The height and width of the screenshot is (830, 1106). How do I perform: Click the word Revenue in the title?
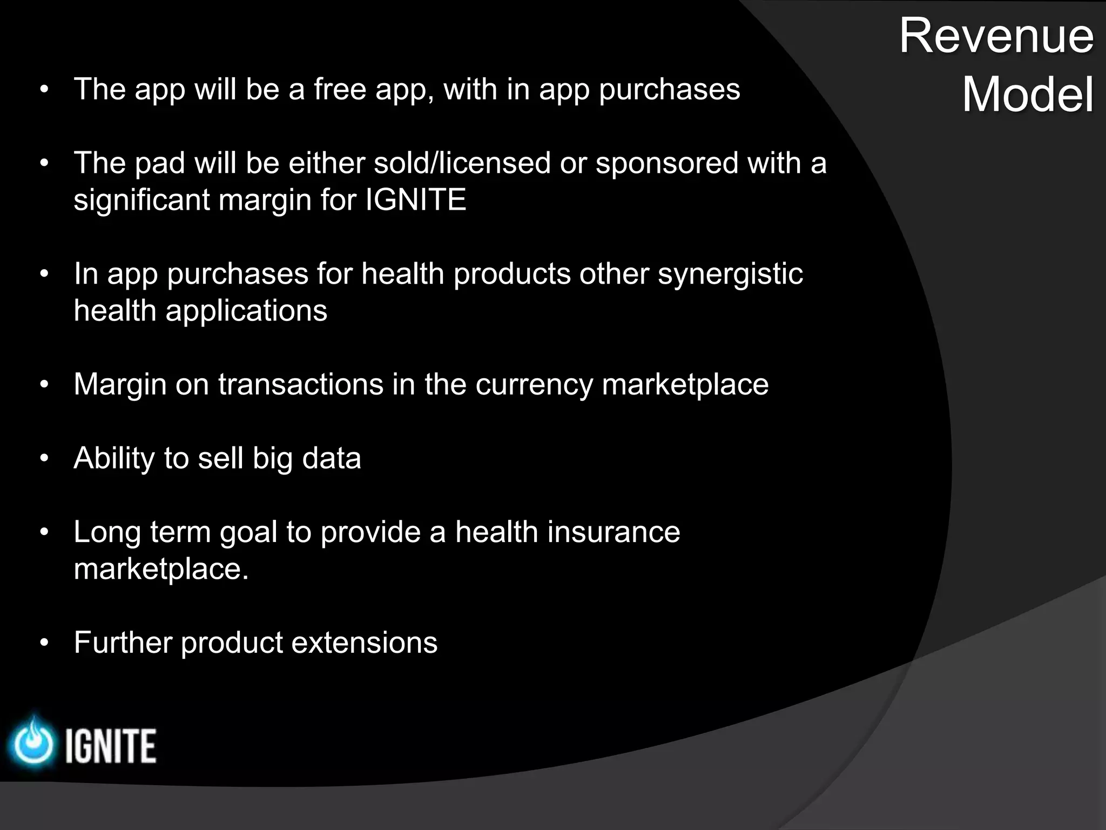[x=996, y=36]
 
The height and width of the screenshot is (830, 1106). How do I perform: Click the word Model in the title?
[x=1028, y=95]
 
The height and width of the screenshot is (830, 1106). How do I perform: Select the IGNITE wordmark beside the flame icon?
[x=111, y=746]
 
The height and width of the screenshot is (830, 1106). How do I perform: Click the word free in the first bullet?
[x=340, y=89]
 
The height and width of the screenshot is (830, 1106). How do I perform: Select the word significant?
[x=141, y=200]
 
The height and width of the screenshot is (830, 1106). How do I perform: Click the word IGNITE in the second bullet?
[x=415, y=200]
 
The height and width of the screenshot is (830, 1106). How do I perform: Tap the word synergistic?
[x=730, y=275]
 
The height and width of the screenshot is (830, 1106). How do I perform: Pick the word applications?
[x=246, y=311]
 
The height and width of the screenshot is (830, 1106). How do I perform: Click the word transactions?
[x=301, y=385]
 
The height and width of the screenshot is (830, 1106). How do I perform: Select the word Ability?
[x=114, y=459]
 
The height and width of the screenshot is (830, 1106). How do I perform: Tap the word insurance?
[x=613, y=532]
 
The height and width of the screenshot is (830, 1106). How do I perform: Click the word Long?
[x=107, y=533]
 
